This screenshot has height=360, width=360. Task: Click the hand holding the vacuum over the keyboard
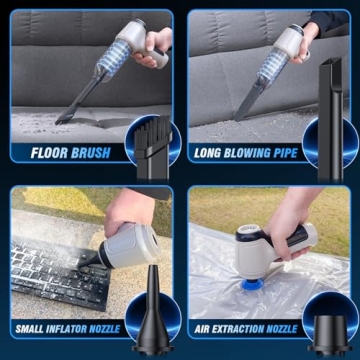130,210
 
